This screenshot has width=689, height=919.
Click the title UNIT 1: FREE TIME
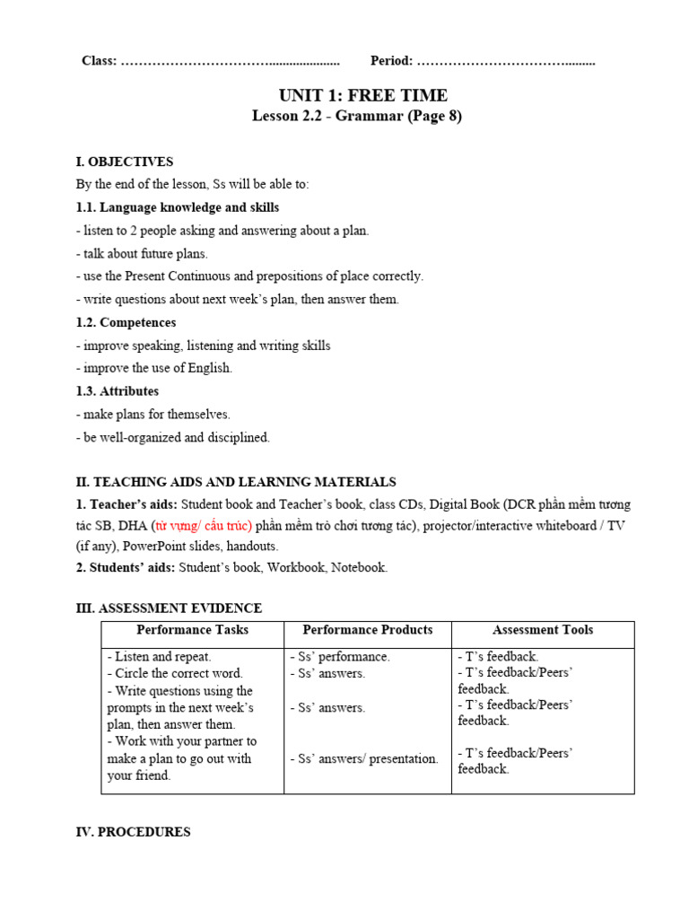(362, 96)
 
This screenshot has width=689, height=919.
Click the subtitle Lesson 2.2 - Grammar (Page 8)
(356, 116)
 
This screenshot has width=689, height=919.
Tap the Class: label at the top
(99, 61)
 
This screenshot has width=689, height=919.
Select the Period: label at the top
(391, 61)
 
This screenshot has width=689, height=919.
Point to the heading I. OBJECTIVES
(125, 162)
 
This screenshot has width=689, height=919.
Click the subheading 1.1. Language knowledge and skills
(178, 207)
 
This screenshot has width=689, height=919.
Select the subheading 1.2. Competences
(126, 322)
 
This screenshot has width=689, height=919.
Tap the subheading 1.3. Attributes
(118, 391)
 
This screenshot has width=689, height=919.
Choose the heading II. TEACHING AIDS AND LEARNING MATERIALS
(236, 482)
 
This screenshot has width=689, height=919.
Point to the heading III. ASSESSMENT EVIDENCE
(169, 608)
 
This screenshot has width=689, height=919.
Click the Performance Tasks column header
(192, 630)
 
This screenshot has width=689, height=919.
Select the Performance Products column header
(368, 630)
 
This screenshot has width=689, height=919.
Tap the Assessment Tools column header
(543, 630)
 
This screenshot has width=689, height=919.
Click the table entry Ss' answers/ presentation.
(364, 759)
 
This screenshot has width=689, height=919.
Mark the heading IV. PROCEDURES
(133, 832)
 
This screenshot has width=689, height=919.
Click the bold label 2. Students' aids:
(126, 567)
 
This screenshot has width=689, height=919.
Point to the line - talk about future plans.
(142, 254)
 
